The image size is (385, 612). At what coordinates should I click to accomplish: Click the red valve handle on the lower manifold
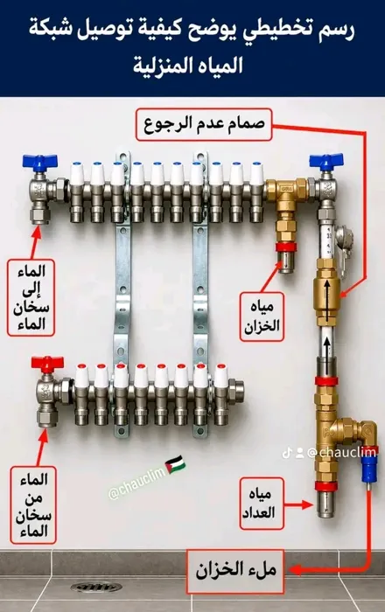tap(47, 364)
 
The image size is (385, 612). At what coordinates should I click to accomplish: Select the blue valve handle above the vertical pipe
tap(326, 160)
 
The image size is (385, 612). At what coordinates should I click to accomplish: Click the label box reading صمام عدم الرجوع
tap(204, 124)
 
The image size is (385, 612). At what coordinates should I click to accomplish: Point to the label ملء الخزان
tap(234, 571)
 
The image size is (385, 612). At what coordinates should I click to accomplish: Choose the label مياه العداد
tap(262, 503)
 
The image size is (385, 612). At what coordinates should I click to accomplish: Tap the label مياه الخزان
tap(262, 316)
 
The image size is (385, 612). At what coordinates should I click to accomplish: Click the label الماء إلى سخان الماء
tap(31, 297)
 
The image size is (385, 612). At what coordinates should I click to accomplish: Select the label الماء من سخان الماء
tap(33, 505)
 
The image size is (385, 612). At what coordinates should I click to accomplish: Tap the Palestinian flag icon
tap(176, 464)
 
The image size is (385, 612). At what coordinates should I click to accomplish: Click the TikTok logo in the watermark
tap(287, 453)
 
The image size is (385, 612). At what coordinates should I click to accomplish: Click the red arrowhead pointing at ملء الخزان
tap(295, 570)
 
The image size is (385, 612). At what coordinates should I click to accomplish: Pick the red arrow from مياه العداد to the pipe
tap(298, 504)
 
